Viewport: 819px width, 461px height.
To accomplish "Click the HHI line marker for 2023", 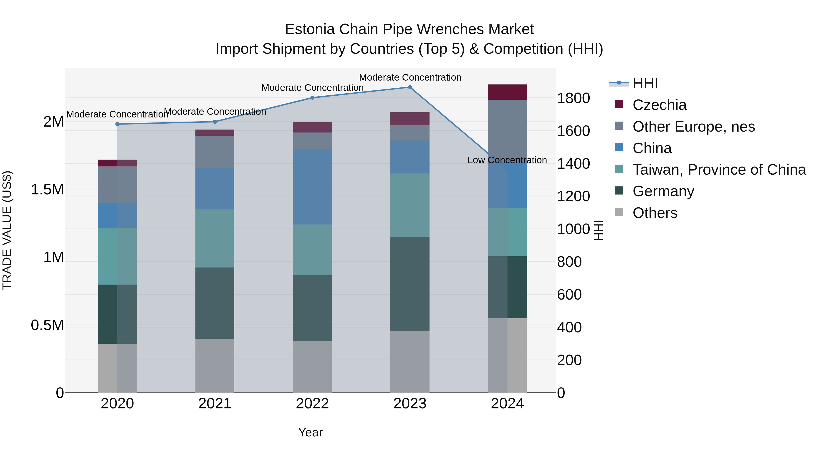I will [410, 87].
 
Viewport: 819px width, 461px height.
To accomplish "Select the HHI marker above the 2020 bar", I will [117, 124].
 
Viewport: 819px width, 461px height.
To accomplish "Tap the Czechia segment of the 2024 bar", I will [507, 92].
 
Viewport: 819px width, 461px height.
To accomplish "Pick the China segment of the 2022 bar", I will [312, 187].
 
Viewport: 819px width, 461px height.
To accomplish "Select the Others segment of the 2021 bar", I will [215, 366].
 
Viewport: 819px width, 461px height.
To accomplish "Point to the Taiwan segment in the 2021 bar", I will [215, 238].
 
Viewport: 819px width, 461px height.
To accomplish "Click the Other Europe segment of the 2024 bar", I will [507, 127].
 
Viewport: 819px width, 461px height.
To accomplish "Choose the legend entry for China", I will [652, 148].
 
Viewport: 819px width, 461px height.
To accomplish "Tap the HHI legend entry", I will [645, 83].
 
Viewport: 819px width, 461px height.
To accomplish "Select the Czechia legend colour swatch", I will [619, 104].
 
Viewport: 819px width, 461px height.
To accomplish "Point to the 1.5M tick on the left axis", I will [47, 190].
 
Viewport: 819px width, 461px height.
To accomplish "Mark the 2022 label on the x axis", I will [312, 404].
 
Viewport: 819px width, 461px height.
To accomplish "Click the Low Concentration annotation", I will [507, 160].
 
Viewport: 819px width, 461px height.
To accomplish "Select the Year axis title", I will [310, 432].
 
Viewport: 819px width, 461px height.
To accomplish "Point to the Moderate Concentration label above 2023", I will [410, 77].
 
